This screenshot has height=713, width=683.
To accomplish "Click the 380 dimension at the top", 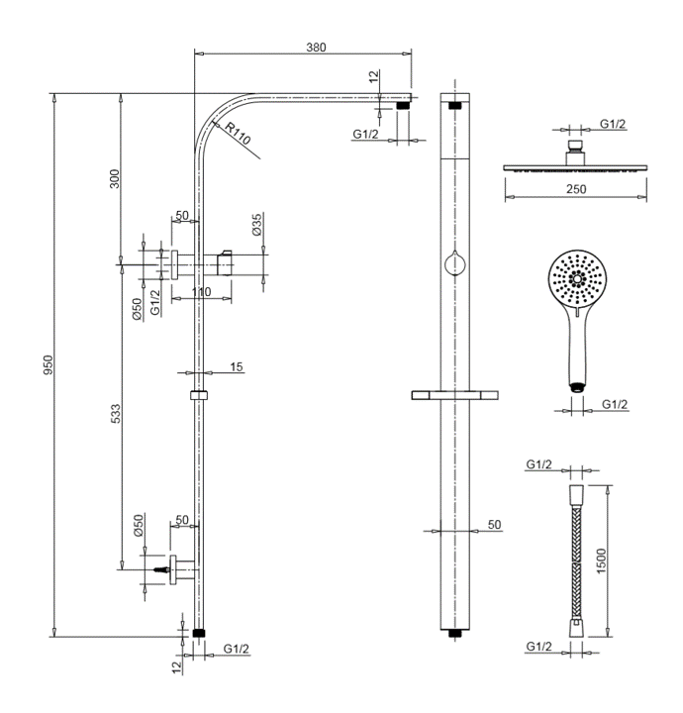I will pyautogui.click(x=316, y=47).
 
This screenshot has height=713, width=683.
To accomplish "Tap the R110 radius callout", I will pyautogui.click(x=239, y=129).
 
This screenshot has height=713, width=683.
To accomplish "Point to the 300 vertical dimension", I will pyautogui.click(x=115, y=178).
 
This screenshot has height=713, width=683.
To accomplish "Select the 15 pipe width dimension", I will pyautogui.click(x=236, y=367).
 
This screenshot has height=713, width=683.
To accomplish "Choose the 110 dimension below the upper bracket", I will pyautogui.click(x=201, y=293).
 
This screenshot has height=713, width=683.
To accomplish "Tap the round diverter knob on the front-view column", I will pyautogui.click(x=454, y=263).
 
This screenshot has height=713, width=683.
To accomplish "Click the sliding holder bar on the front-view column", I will pyautogui.click(x=454, y=396).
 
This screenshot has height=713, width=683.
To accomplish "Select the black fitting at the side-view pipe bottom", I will pyautogui.click(x=201, y=631).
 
